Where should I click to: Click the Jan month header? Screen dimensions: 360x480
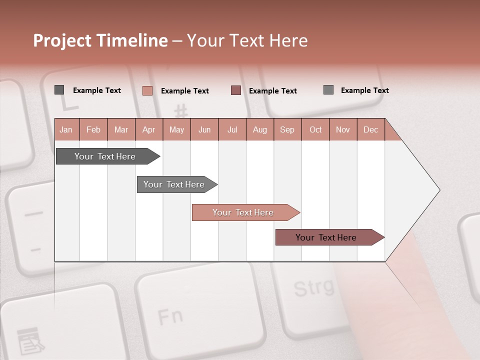[66, 130]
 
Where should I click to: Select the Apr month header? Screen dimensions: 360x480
[149, 130]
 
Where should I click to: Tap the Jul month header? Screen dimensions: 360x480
[232, 130]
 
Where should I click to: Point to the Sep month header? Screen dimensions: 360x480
[287, 130]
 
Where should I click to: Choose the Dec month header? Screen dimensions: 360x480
[371, 130]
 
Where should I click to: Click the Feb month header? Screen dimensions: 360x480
[93, 130]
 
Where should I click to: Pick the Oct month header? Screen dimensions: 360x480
[315, 130]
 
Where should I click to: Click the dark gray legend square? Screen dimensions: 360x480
[59, 90]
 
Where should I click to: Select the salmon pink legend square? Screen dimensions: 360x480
[147, 90]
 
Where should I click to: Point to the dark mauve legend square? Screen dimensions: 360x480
[236, 90]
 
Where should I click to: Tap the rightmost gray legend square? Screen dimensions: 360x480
[328, 90]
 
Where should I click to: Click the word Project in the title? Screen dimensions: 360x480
[61, 40]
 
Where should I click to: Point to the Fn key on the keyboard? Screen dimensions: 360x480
[170, 316]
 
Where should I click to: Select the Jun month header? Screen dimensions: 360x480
[204, 130]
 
